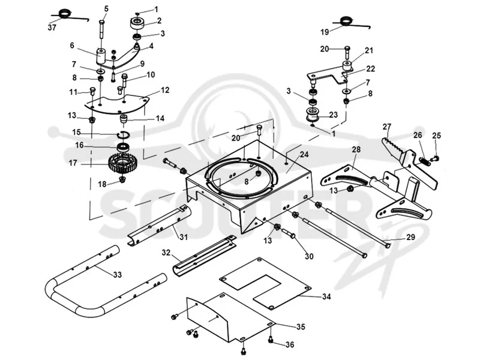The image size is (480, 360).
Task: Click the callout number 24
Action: point(304,155)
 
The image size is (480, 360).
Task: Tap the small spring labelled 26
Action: point(424,161)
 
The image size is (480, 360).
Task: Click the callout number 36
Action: point(290,345)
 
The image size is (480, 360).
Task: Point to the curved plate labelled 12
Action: point(116,104)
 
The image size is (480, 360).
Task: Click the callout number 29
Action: point(411,237)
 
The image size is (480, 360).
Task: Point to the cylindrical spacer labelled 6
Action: point(101,56)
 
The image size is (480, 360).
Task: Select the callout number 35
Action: point(301,327)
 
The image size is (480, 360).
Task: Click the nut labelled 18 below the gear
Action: point(123,179)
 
